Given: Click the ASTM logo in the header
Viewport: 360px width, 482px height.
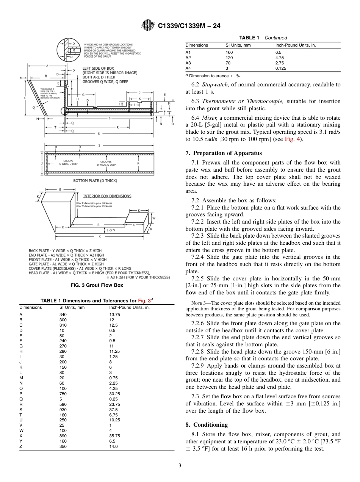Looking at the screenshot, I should [148, 25].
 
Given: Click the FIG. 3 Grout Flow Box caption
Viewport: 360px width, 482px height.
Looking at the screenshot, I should [97, 285].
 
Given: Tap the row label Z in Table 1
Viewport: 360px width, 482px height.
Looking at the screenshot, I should [21, 446].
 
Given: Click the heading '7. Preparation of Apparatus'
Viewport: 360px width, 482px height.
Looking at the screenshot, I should [224, 153].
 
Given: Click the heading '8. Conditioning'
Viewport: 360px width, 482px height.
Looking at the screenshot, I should [207, 425].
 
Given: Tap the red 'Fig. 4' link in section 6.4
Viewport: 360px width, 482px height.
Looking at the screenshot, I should [292, 139].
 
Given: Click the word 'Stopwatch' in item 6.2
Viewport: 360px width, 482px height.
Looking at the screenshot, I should [215, 85].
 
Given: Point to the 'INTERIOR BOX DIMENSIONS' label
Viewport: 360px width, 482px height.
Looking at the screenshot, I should [107, 196].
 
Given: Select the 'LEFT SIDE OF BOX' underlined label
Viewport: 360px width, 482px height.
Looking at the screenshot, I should [98, 68].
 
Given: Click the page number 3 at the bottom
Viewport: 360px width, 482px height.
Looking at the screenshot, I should [180, 465].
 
